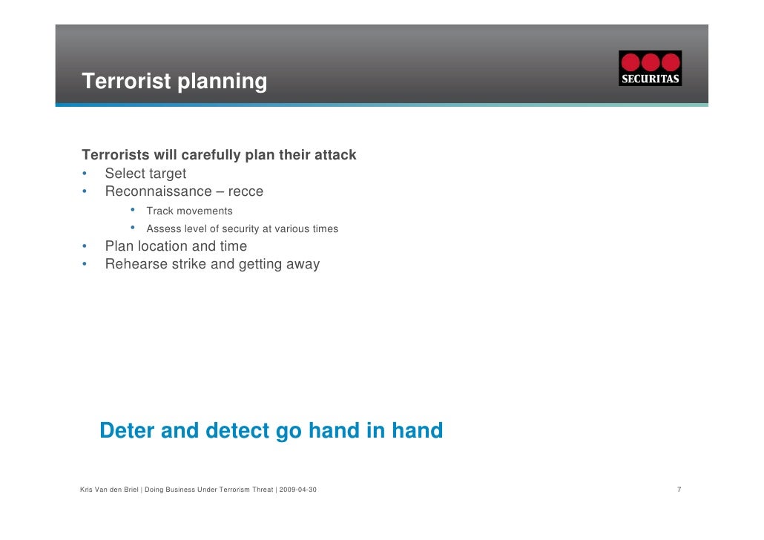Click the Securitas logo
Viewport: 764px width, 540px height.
tap(650, 68)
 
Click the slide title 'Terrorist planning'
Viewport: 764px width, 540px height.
tap(174, 81)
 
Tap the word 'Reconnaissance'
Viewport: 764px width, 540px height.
tap(158, 191)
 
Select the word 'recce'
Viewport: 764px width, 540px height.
tap(246, 191)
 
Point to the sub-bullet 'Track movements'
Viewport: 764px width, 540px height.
tap(189, 211)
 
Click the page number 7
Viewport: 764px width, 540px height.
tap(679, 489)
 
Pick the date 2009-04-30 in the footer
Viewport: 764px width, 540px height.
tap(297, 489)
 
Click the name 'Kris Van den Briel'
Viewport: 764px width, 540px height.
tap(109, 489)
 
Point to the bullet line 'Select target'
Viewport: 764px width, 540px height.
tap(145, 174)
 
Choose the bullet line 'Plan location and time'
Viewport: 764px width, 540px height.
tap(176, 246)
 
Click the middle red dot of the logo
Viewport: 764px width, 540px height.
tap(651, 62)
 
